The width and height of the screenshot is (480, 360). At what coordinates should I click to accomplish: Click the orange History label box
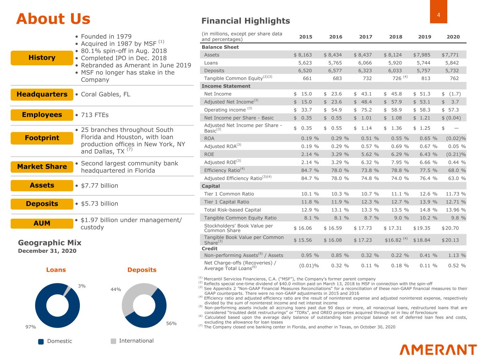(42, 58)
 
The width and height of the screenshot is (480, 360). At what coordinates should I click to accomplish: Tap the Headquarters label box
(42, 95)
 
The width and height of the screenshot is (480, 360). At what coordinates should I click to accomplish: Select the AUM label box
(42, 223)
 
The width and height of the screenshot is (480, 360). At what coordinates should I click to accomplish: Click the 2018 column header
(396, 37)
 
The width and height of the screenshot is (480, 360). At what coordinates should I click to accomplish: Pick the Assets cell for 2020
(450, 55)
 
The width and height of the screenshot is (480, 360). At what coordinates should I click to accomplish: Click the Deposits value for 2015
(305, 71)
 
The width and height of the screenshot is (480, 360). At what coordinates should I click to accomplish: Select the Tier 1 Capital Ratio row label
(226, 202)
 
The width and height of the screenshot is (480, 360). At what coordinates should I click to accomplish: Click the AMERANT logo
(438, 349)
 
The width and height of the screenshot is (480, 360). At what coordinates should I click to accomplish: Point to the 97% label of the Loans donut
(31, 327)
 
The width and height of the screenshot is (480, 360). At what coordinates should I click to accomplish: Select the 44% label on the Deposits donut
(116, 289)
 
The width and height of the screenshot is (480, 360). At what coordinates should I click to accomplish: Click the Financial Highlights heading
(245, 21)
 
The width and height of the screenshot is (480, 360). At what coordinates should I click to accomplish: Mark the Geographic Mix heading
(50, 243)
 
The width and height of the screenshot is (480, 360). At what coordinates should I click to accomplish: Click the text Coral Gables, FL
(105, 94)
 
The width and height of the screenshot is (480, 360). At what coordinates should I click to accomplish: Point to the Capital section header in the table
(211, 186)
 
